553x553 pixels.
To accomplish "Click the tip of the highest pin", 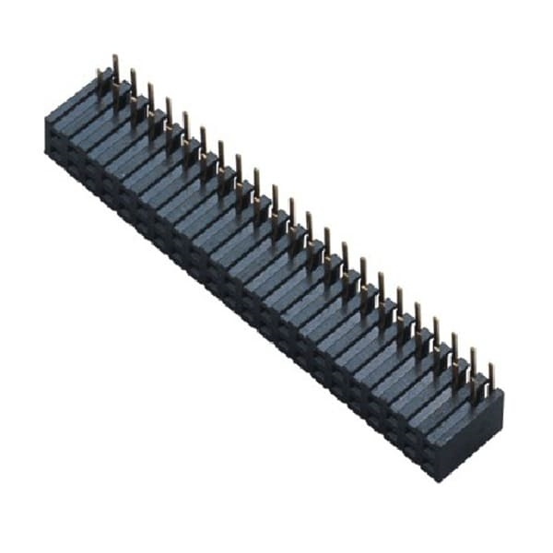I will (x=115, y=57).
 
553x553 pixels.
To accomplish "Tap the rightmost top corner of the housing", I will (x=503, y=392).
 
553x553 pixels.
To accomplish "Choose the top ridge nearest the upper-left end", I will (x=74, y=101).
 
